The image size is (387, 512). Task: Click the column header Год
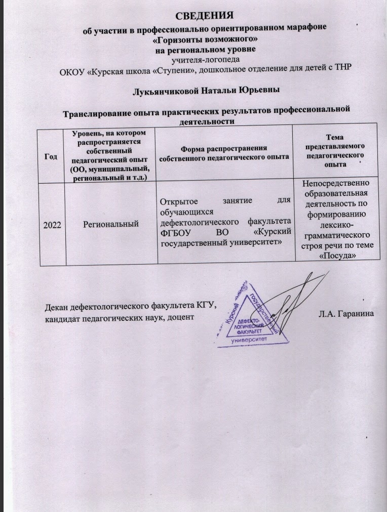tap(50, 156)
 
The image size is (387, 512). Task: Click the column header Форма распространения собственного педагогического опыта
tap(224, 152)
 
